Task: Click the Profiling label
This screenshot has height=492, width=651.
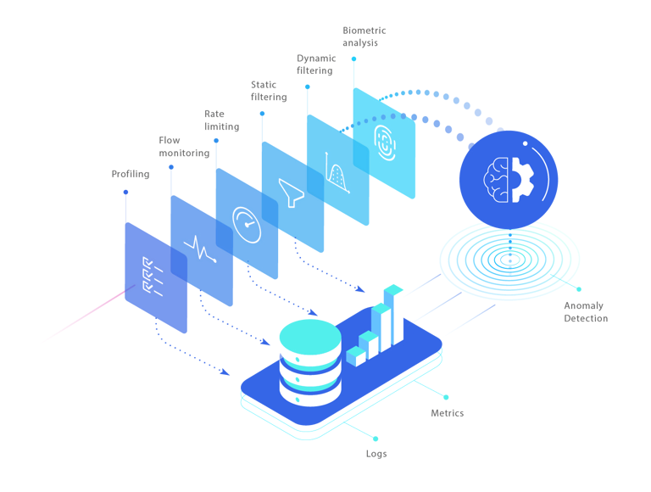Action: (x=131, y=174)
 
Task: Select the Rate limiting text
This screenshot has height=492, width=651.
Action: (x=221, y=120)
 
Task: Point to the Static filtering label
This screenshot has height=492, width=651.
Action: (x=269, y=91)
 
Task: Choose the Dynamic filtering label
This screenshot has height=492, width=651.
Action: (x=315, y=64)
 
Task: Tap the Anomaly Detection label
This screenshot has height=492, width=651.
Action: (x=586, y=312)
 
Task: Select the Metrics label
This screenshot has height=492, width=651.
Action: (x=448, y=413)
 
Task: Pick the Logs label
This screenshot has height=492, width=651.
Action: (x=376, y=454)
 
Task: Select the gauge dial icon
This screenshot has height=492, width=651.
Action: (x=247, y=223)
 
